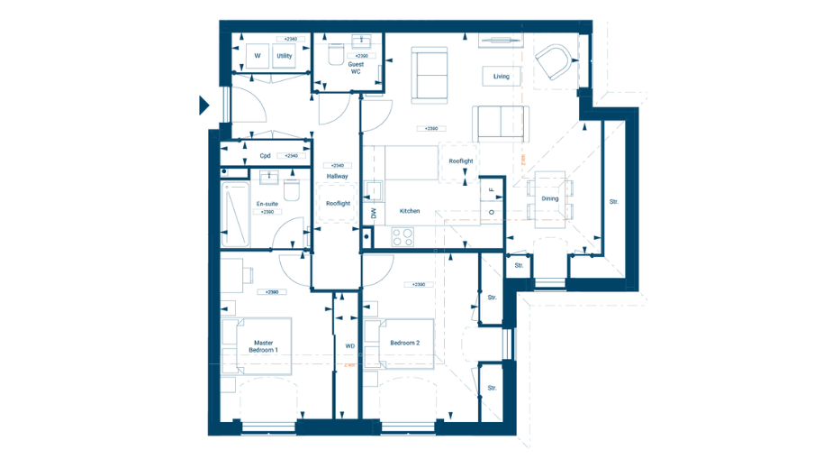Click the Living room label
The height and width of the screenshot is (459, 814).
pos(501,77)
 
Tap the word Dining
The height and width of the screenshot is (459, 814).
pos(549,198)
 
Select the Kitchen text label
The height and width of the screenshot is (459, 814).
pos(410,211)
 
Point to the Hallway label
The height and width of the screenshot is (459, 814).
pos(338,176)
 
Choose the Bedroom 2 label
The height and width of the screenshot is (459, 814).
pos(404,343)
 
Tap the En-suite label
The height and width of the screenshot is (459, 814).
pos(267,204)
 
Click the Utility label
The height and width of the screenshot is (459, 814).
pos(284,56)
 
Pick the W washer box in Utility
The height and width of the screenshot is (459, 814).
pos(256,56)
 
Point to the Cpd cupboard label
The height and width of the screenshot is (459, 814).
pos(265,156)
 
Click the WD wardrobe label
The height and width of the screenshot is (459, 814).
pos(349,345)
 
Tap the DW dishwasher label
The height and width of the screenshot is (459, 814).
pos(372,214)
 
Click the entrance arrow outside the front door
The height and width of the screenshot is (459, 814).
pos(204,106)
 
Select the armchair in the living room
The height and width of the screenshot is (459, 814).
pos(552,64)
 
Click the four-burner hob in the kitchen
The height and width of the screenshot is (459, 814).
pos(402,236)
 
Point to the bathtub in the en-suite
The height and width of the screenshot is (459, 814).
pos(238,216)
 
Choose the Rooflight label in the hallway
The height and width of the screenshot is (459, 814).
pos(338,204)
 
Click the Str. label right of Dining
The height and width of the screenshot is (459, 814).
pos(614,202)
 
